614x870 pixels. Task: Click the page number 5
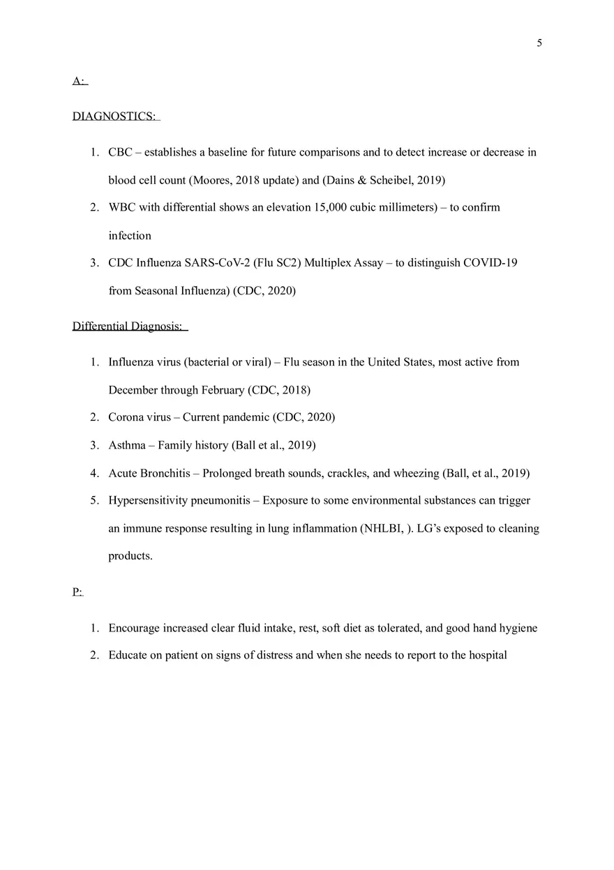tap(539, 43)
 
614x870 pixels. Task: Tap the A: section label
tap(78, 82)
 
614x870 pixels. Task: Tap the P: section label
tap(77, 592)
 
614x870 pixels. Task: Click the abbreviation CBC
tap(120, 152)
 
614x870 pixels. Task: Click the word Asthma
tap(127, 445)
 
